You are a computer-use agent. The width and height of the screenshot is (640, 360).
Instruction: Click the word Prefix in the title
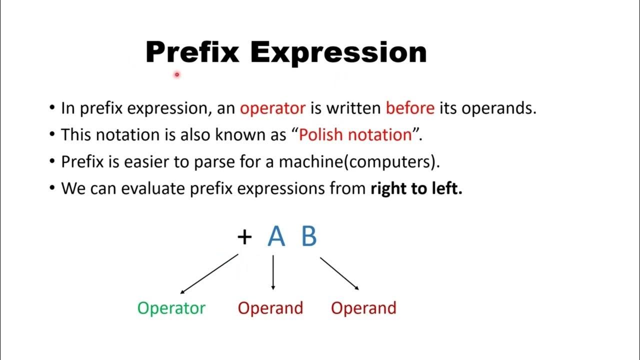[x=192, y=52]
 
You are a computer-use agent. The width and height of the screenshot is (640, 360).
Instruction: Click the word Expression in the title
[x=338, y=52]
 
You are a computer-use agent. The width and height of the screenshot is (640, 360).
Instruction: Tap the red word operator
[x=272, y=108]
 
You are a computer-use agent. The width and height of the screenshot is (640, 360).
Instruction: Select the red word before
[x=410, y=108]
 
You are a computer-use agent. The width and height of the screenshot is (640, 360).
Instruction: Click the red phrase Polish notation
[x=355, y=135]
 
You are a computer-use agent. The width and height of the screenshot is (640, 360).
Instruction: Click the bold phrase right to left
[x=416, y=188]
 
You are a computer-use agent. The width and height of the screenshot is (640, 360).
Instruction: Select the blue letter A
[x=276, y=236]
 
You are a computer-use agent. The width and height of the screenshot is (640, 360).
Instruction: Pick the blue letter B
[x=309, y=236]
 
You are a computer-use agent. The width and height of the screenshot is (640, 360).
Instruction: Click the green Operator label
[x=171, y=308]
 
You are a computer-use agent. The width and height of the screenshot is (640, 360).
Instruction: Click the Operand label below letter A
[x=270, y=308]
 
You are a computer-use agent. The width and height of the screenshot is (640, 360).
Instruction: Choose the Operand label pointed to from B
[x=363, y=308]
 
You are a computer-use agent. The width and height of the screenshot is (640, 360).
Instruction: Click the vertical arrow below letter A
[x=273, y=273]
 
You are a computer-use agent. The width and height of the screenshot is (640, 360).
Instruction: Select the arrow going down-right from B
[x=339, y=273]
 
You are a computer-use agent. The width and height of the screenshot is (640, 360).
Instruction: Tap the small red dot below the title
[x=177, y=74]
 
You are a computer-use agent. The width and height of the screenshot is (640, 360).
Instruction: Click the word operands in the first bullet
[x=498, y=108]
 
